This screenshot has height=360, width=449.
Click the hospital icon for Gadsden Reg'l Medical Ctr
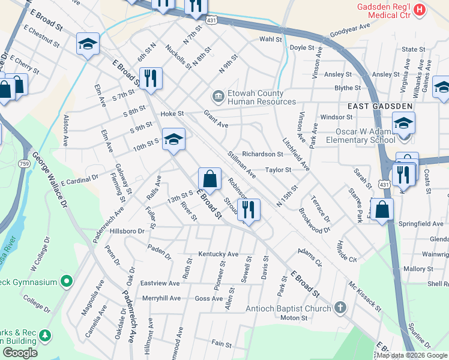point(420,10)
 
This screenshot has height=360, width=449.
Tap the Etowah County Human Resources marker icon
point(216,96)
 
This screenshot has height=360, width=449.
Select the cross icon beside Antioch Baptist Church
point(340,308)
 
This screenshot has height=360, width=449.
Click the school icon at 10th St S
point(173,140)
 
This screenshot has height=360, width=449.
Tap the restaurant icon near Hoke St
point(150,78)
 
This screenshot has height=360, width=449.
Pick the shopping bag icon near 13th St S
point(209,179)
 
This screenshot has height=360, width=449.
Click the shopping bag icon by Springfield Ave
point(382,209)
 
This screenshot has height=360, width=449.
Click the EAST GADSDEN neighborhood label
point(380,106)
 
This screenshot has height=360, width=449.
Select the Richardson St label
point(262,154)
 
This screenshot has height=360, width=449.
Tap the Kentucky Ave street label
point(218,254)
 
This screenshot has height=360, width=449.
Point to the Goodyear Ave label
point(351,31)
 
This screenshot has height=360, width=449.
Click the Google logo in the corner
point(20,353)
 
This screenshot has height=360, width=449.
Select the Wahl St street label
point(270,39)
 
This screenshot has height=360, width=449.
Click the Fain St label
point(221,344)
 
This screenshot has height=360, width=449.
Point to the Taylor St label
point(278,170)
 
